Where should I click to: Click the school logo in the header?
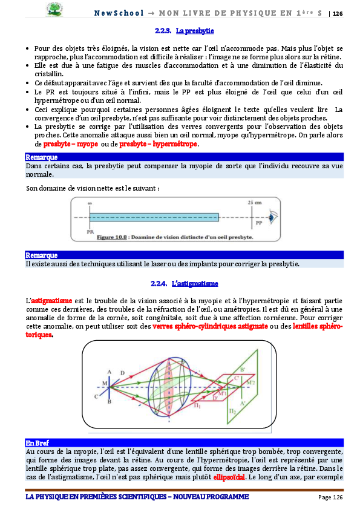(x=54, y=10)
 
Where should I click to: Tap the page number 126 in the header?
(x=338, y=13)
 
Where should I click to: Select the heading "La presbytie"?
(x=194, y=30)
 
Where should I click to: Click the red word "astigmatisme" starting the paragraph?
(x=51, y=300)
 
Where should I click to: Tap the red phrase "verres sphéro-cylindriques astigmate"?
(x=210, y=326)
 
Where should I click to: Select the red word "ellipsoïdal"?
(x=231, y=476)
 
